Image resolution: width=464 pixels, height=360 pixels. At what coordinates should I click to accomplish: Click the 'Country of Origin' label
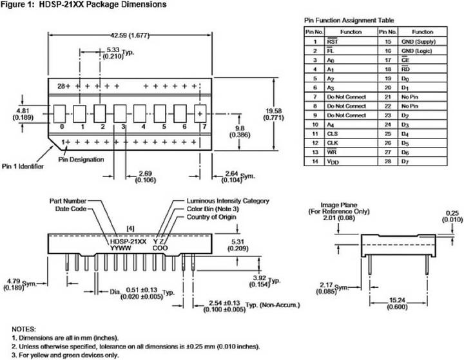(x=211, y=217)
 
